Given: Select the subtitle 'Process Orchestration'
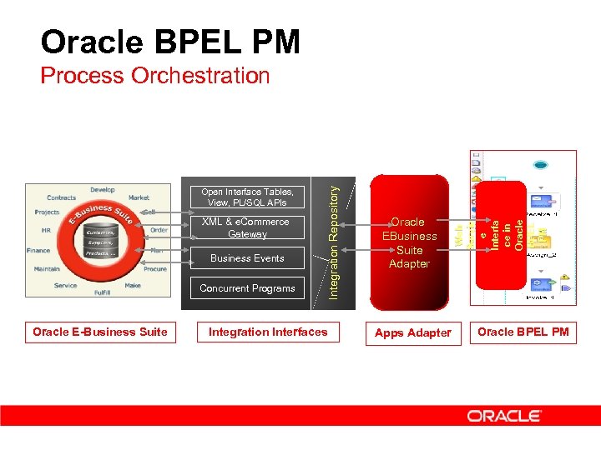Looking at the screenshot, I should click(x=155, y=76).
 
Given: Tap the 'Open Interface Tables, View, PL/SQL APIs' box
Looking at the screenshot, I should click(x=247, y=197).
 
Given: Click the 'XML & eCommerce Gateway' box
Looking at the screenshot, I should click(x=247, y=227).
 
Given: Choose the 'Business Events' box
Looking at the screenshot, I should click(x=247, y=258).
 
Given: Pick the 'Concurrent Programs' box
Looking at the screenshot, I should click(x=247, y=288).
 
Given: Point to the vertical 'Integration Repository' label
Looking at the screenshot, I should click(x=333, y=242).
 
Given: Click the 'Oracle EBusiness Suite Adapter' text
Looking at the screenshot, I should click(x=409, y=242).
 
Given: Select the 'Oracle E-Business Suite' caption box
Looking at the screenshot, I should click(x=100, y=332).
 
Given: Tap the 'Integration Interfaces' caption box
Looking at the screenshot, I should click(x=268, y=332).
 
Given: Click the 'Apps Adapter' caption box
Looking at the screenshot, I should click(x=412, y=333).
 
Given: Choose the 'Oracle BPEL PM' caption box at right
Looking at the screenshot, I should click(x=523, y=332).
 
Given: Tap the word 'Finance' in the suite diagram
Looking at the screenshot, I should click(x=38, y=250).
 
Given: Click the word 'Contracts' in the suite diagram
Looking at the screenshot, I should click(x=61, y=198).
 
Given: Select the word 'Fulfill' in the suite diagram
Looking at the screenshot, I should click(x=102, y=292).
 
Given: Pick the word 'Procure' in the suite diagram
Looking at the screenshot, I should click(x=154, y=269).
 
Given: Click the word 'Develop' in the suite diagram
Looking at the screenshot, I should click(x=102, y=190).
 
